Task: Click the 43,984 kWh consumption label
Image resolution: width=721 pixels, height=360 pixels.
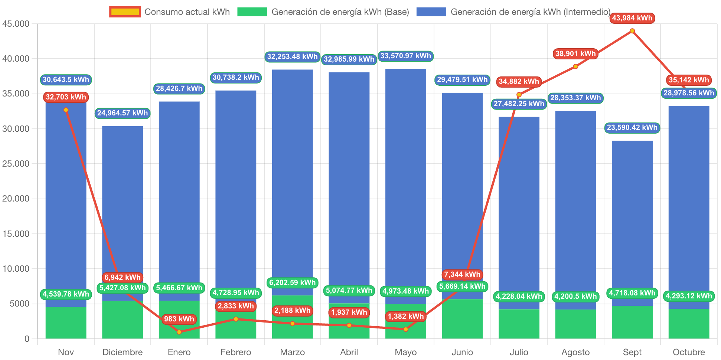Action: tap(632, 18)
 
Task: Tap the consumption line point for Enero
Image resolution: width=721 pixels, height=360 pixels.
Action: tap(179, 332)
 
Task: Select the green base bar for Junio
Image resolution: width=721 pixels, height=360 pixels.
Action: tap(462, 319)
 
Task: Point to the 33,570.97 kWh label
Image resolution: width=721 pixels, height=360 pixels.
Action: tap(405, 56)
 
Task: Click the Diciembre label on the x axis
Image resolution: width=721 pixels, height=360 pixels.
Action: tap(123, 352)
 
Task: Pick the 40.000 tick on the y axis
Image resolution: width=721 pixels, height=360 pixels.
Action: tap(16, 59)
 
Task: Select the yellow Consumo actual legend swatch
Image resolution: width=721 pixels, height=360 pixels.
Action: tap(125, 12)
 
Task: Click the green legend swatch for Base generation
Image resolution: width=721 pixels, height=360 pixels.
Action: tap(252, 12)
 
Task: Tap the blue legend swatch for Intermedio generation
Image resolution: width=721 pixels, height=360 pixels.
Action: tap(431, 12)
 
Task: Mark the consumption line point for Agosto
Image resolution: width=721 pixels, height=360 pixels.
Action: tap(575, 66)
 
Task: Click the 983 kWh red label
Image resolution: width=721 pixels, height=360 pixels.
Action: tap(179, 319)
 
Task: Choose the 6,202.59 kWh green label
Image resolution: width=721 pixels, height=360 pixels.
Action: tap(292, 282)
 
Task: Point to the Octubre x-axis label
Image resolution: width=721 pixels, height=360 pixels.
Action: tap(689, 352)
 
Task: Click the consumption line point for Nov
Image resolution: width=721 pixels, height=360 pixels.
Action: tap(66, 110)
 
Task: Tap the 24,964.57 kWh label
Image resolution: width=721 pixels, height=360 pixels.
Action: tap(123, 113)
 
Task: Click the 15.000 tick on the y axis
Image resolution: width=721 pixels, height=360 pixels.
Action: tap(16, 234)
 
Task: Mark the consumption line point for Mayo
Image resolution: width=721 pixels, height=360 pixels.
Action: tap(405, 329)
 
